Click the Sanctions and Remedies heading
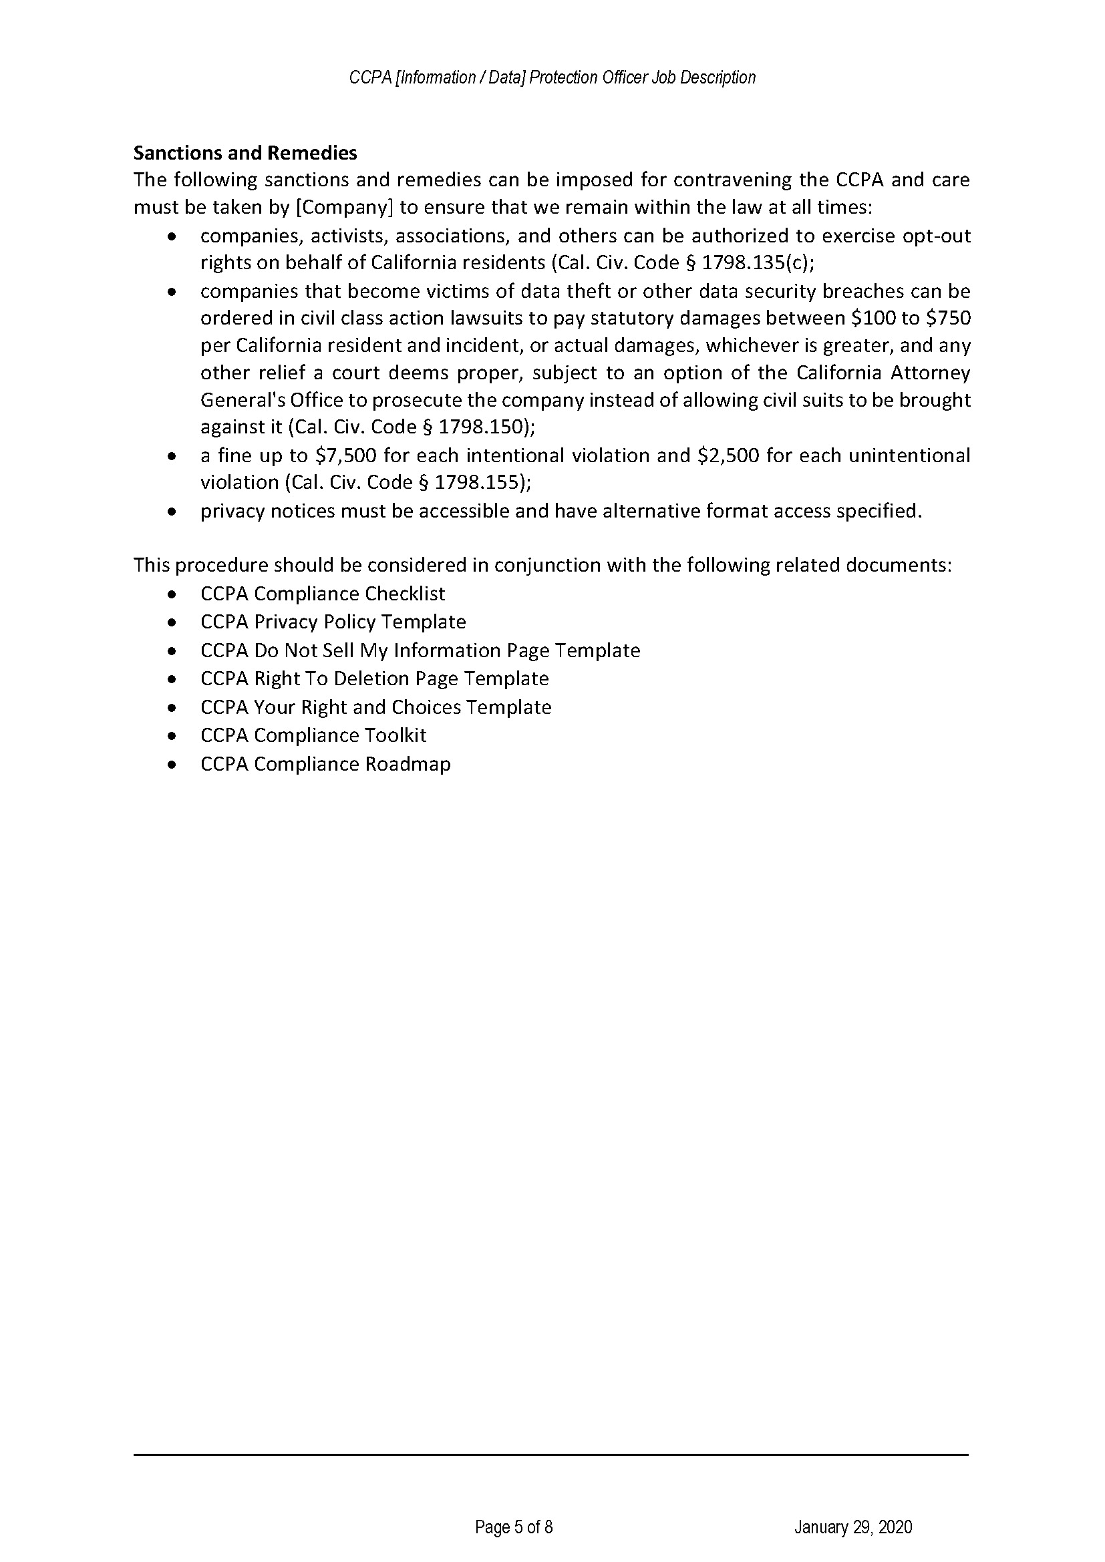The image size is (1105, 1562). tap(245, 152)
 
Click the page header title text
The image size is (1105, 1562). tap(552, 77)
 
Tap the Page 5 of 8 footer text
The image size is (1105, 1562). tap(514, 1527)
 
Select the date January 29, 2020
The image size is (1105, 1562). tap(852, 1527)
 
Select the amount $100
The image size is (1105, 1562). tap(869, 318)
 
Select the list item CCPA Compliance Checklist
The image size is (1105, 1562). tap(323, 594)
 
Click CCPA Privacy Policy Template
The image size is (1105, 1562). tap(333, 622)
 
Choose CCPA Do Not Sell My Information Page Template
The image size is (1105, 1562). tap(420, 650)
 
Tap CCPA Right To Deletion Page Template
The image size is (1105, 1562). tap(374, 678)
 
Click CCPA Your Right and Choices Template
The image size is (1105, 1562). tap(375, 707)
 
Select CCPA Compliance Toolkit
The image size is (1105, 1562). tap(313, 735)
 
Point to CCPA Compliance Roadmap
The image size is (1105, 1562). tap(325, 764)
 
